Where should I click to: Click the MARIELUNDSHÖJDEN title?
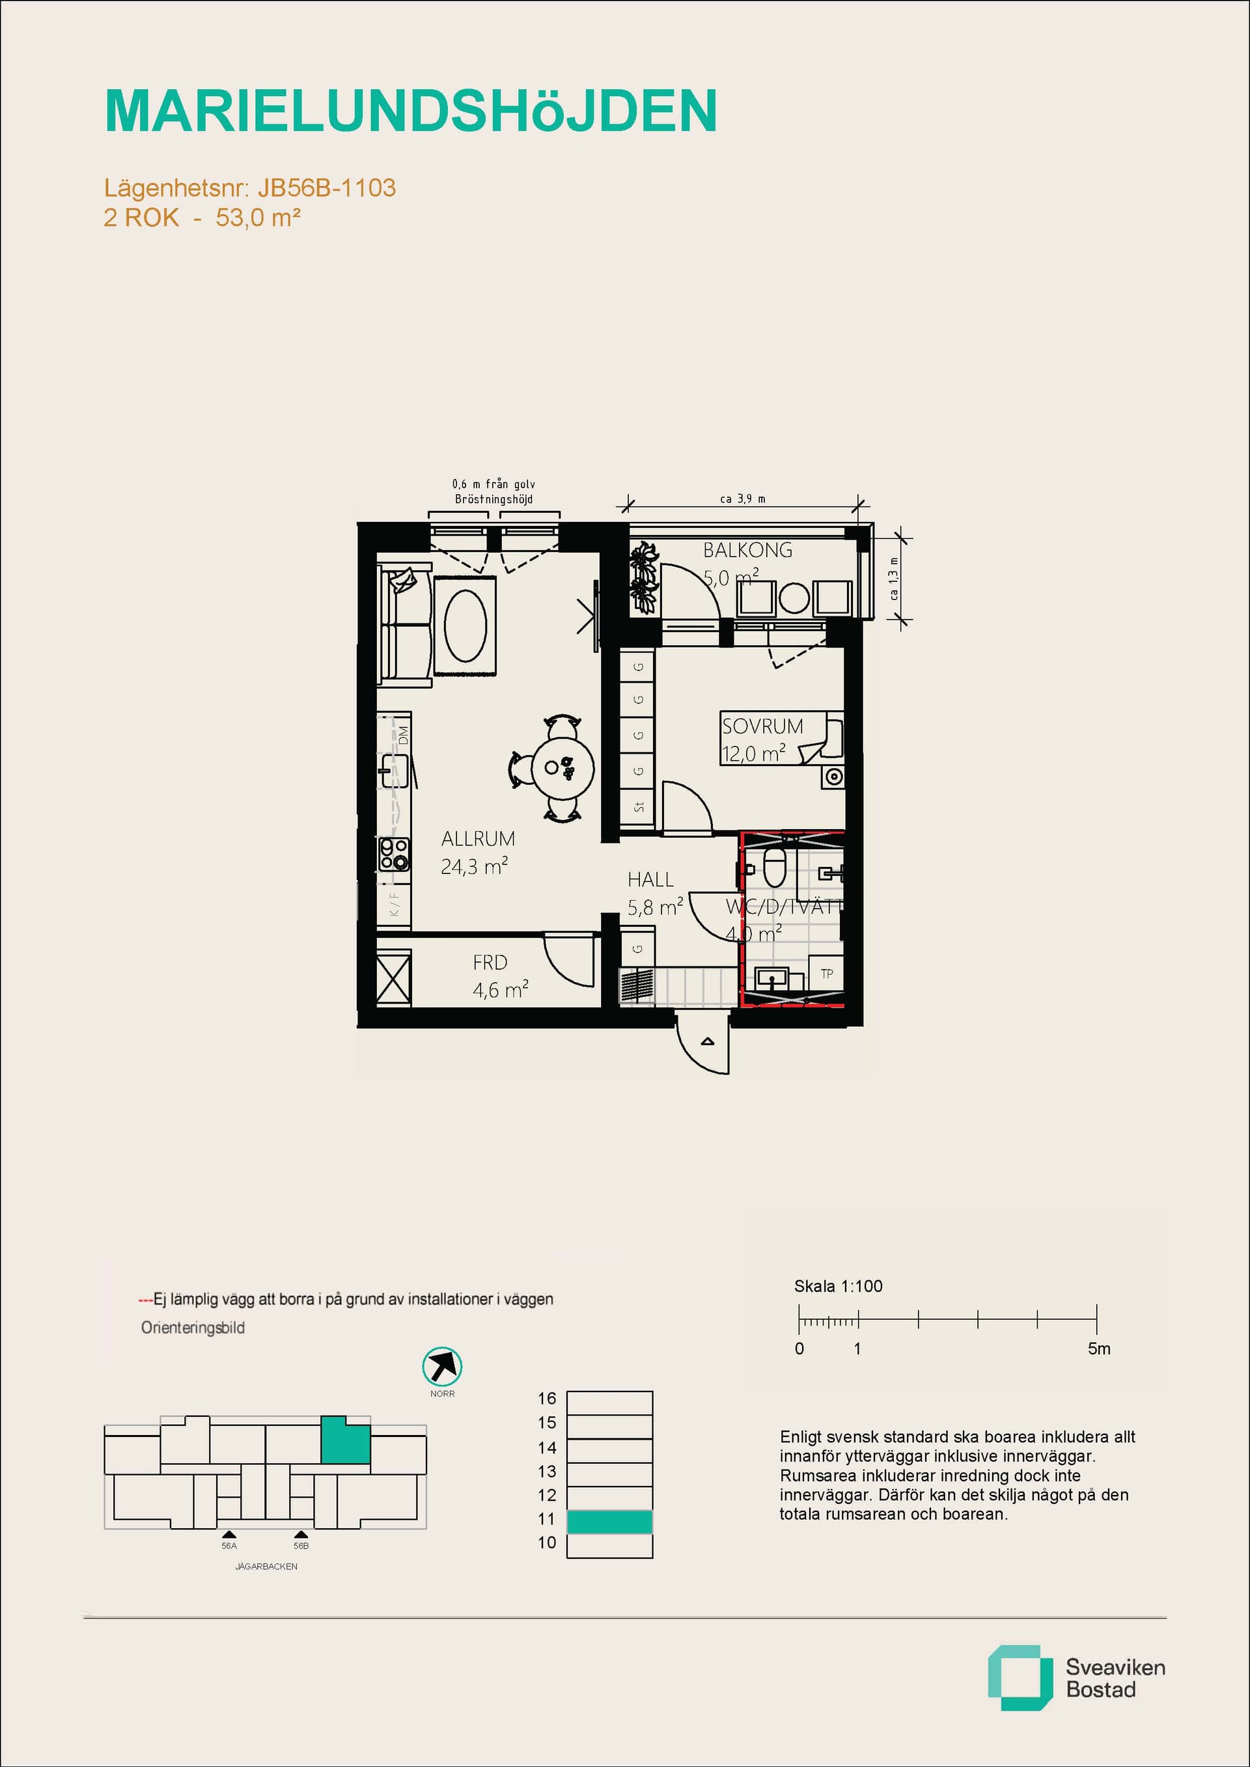410,111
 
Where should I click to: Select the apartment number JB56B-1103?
326,188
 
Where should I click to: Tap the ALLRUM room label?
477,838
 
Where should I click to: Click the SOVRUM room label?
762,726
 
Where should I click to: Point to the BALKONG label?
747,550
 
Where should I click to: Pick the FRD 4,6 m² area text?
499,990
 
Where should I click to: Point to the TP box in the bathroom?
827,974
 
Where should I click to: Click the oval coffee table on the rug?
465,625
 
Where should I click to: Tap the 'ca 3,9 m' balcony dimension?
742,499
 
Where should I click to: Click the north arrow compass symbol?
442,1367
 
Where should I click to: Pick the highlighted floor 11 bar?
609,1522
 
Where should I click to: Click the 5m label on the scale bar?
1098,1349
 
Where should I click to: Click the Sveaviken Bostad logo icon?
1019,1688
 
